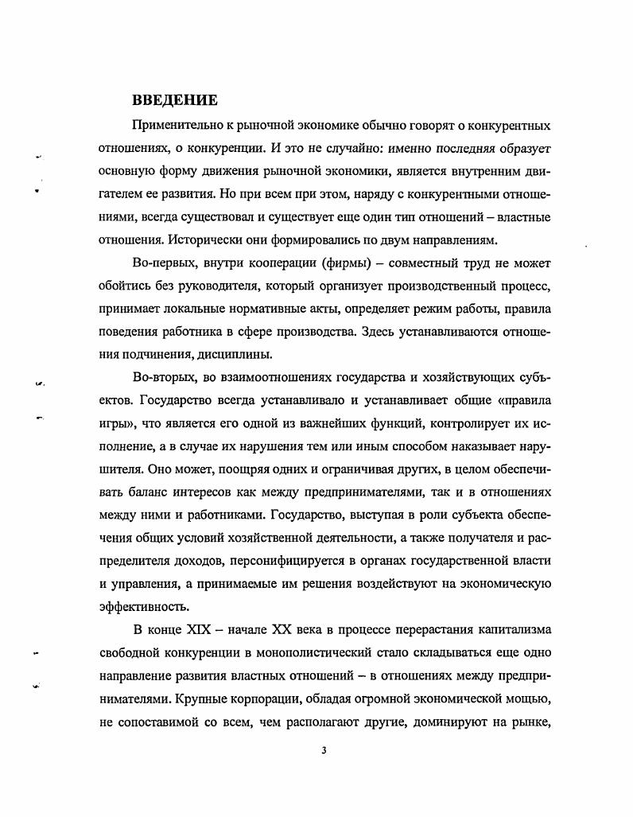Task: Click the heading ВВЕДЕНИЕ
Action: click(175, 101)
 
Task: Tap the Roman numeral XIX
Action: click(199, 631)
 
